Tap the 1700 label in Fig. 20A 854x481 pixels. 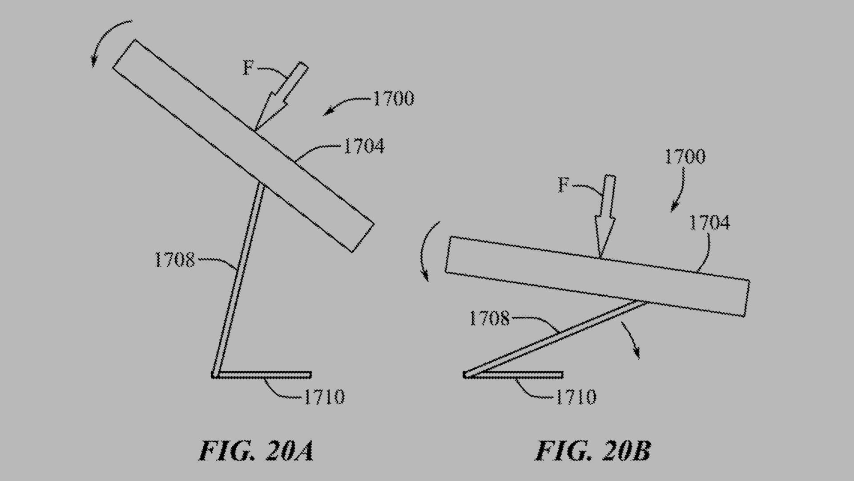click(x=393, y=98)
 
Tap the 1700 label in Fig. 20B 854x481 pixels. click(x=685, y=157)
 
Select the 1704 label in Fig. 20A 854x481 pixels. click(x=364, y=146)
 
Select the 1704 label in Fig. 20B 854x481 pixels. click(x=709, y=223)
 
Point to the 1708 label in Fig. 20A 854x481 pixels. click(x=174, y=260)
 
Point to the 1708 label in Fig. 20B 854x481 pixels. click(x=489, y=318)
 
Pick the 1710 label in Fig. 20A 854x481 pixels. click(x=324, y=397)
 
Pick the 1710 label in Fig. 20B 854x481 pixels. click(x=576, y=397)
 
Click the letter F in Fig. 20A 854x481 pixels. click(x=248, y=68)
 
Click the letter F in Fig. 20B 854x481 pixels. click(x=564, y=184)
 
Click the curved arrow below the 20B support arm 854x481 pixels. click(x=632, y=338)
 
